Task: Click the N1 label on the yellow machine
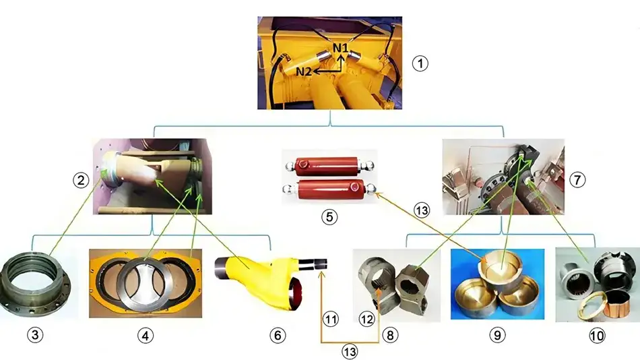coord(340,48)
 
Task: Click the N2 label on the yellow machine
coord(304,71)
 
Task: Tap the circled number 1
coord(420,63)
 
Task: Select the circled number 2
coord(81,180)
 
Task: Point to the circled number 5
coord(329,216)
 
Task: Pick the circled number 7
coord(577,179)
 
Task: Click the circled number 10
coord(597,336)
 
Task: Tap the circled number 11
coord(331,319)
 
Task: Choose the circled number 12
coord(366,319)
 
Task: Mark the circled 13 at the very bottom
coord(350,352)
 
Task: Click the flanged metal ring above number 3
coord(35,287)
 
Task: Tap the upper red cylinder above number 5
coord(329,165)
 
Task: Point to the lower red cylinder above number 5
coord(329,189)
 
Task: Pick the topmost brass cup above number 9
coord(501,265)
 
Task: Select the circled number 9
coord(497,335)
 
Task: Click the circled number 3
coord(35,335)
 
